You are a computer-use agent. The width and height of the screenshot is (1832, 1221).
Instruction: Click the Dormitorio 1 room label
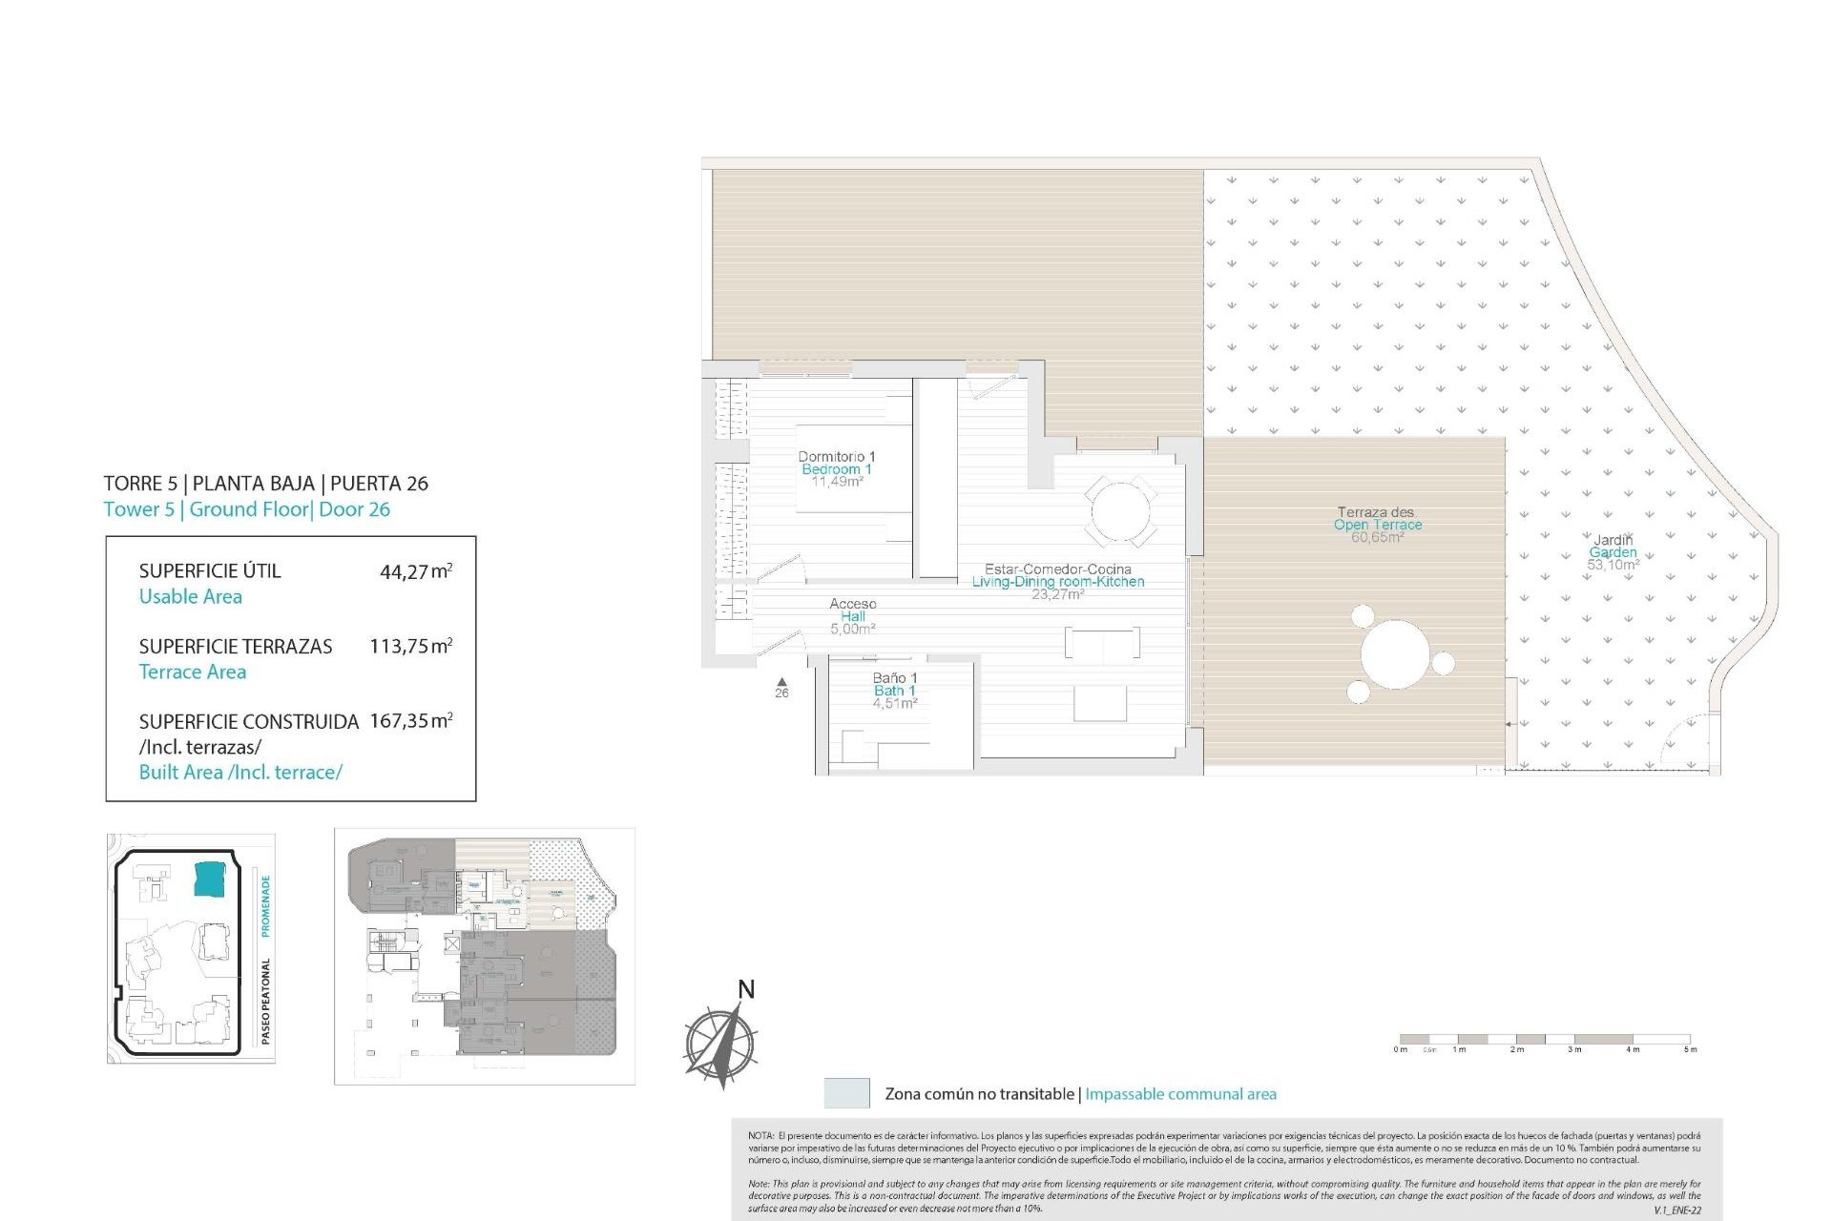[837, 457]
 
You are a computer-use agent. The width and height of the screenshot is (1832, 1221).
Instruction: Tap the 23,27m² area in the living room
[1057, 594]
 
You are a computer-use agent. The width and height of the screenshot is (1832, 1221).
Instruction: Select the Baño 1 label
[895, 678]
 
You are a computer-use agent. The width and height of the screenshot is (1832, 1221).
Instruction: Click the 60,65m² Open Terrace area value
[1377, 538]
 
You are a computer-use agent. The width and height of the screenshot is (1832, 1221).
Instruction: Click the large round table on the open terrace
[1395, 655]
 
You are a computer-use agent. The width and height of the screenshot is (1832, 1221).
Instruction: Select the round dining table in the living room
[1120, 512]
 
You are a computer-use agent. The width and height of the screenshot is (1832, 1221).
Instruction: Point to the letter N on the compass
[746, 989]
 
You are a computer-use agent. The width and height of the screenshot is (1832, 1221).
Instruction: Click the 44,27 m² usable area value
[415, 572]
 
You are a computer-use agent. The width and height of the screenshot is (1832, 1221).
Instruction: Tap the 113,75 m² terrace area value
[410, 646]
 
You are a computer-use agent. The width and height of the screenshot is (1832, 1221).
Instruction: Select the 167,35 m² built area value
[410, 721]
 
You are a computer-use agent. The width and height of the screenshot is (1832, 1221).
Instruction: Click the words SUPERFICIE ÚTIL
[210, 571]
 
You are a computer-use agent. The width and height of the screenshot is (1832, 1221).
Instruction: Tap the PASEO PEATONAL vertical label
[266, 1001]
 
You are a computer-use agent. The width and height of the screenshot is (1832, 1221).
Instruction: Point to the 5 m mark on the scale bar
[1690, 1049]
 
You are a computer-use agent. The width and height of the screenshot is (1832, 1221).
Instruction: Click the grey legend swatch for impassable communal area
[846, 1093]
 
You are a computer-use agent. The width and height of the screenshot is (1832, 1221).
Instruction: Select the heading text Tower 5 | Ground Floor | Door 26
[247, 509]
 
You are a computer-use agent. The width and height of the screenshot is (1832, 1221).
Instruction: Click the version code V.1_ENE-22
[1677, 1211]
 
